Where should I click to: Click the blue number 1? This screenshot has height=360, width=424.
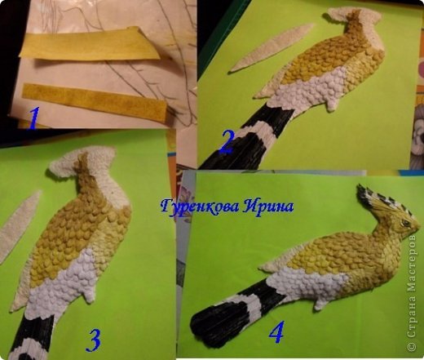(33, 118)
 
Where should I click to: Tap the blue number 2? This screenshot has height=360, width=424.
(226, 141)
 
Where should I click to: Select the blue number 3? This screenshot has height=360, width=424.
(93, 340)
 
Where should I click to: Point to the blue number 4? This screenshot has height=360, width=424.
(276, 332)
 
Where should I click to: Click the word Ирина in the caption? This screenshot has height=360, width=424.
(267, 207)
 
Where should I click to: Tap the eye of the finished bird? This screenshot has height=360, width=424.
(406, 223)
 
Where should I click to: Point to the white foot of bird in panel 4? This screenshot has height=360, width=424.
(320, 304)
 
